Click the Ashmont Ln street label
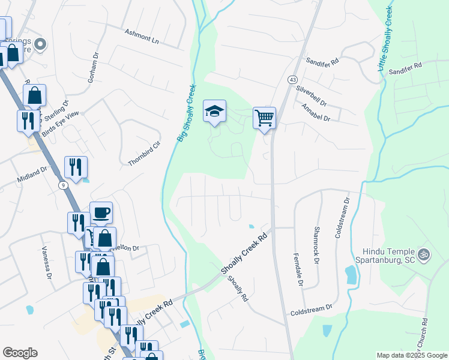click(142, 37)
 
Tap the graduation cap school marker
click(214, 111)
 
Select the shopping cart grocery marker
click(264, 117)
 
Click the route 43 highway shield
click(292, 80)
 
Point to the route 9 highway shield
click(62, 185)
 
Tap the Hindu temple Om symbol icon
click(424, 254)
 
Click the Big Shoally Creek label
click(186, 112)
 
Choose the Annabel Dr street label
click(316, 112)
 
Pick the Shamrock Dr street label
click(316, 245)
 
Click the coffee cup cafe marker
click(101, 212)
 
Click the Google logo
click(20, 353)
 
